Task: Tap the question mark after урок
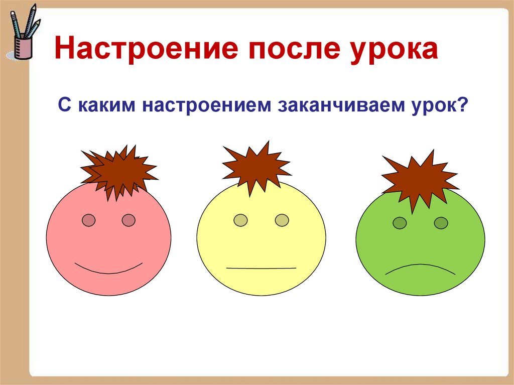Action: (x=462, y=106)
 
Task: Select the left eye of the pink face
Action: (x=89, y=220)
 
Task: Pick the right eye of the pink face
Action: (x=128, y=220)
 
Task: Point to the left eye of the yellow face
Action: (x=241, y=220)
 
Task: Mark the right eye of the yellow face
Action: (x=282, y=220)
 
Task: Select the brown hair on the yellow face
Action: (x=255, y=166)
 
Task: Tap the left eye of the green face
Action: (x=400, y=223)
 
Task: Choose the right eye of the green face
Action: (x=441, y=223)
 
